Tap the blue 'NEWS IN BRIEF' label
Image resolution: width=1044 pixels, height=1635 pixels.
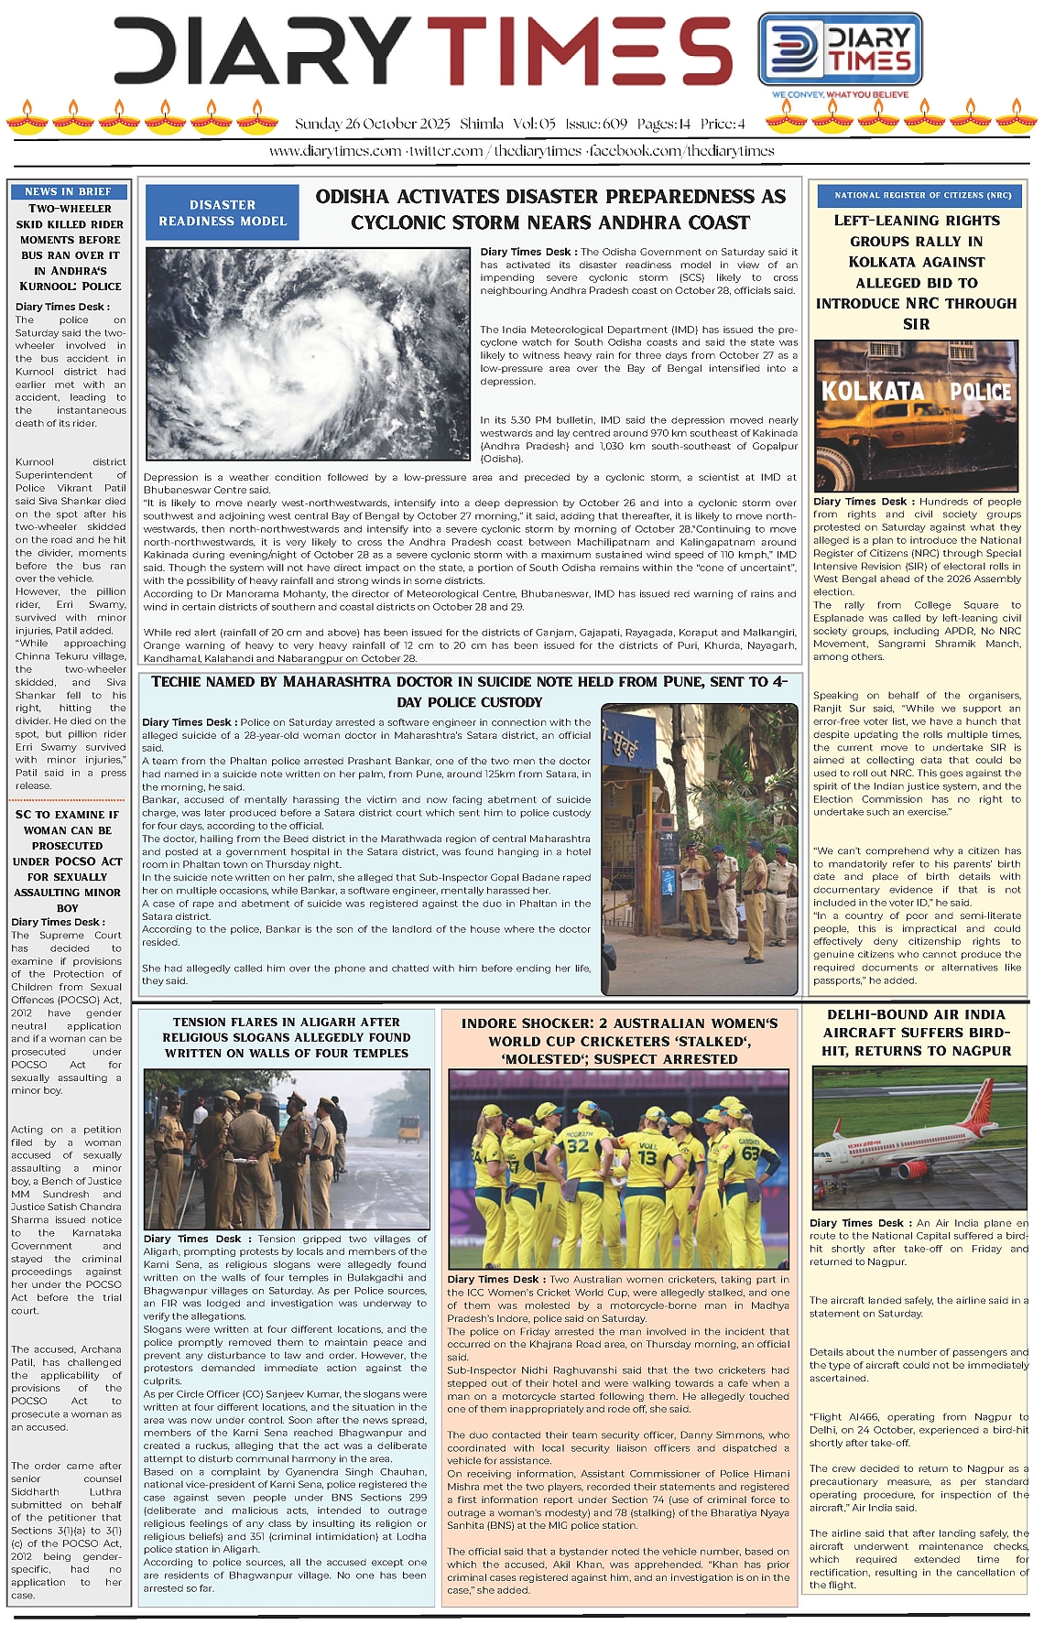point(68,191)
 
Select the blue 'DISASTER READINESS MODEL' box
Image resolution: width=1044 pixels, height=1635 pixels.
point(223,212)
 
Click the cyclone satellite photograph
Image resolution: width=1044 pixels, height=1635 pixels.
point(308,352)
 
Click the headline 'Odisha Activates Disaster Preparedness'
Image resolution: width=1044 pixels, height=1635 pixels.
point(550,210)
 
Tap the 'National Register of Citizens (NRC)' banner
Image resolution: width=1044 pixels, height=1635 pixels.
point(917,195)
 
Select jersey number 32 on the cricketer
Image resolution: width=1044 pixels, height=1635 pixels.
point(578,1144)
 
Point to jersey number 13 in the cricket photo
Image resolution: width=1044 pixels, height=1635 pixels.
point(647,1157)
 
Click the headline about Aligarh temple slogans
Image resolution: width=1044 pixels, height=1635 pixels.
point(287,1037)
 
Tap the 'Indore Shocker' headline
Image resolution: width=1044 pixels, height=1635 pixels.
point(619,1041)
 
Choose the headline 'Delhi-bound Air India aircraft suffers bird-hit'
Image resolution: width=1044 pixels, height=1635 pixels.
point(916,1033)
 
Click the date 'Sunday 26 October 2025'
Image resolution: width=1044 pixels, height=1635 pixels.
point(372,124)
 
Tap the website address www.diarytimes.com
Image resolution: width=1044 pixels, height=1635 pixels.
point(334,151)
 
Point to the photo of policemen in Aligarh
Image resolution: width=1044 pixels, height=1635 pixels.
point(286,1148)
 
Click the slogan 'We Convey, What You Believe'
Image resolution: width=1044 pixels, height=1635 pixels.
point(840,94)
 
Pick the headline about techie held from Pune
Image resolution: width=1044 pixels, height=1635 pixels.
point(469,691)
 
